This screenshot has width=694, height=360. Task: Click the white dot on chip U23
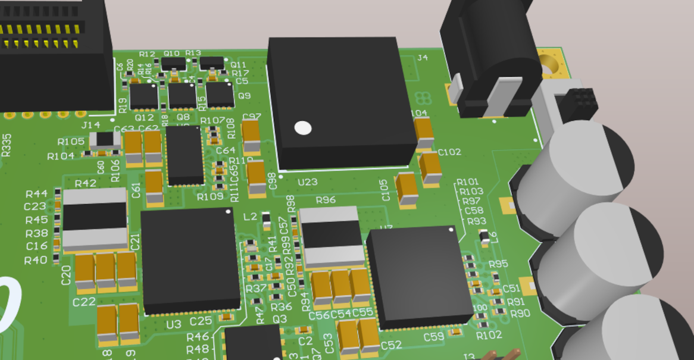303,127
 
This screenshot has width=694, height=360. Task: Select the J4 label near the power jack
423,58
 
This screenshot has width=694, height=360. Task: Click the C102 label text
449,152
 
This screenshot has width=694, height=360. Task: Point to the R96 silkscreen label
326,200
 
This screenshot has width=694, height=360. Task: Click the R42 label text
86,183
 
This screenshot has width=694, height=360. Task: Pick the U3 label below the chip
174,324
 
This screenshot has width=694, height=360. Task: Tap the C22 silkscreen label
84,302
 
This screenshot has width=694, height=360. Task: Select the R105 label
71,142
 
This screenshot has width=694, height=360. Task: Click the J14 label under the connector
90,125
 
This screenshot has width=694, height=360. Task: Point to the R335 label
6,145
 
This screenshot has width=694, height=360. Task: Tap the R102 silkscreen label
489,336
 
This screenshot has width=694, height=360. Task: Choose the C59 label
434,337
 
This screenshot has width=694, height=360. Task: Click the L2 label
251,216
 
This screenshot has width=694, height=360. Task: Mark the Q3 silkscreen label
280,320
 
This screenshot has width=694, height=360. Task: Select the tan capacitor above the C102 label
423,132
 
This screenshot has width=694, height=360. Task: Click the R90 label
520,314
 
